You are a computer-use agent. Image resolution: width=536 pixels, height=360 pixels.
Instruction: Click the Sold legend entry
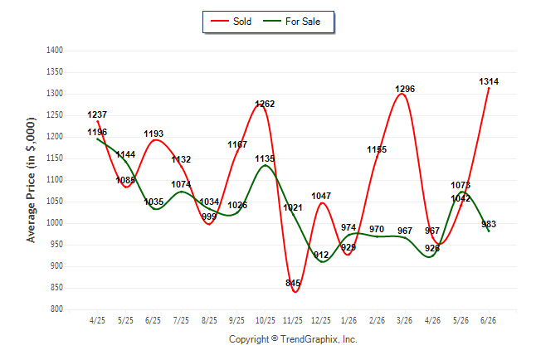point(231,22)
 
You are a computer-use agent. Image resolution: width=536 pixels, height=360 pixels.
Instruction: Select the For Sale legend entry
point(291,22)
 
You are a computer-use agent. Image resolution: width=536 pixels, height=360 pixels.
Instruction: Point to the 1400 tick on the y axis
point(55,51)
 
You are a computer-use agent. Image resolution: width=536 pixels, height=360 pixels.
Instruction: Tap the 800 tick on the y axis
point(56,309)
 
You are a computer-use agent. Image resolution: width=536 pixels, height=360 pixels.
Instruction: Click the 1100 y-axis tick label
point(55,180)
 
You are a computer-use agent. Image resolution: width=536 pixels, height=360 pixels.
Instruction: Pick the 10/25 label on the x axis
point(266,320)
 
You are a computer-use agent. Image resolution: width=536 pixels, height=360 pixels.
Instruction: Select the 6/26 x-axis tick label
point(488,320)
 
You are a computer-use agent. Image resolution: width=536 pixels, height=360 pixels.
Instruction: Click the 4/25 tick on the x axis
point(97,320)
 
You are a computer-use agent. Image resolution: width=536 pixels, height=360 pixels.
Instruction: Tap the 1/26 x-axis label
point(348,320)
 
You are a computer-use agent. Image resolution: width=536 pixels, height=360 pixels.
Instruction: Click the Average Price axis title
point(31,180)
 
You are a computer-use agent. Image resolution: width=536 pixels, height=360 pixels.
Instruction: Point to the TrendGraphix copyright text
point(293,339)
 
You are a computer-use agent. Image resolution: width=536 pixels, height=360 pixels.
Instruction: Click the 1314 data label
point(489,81)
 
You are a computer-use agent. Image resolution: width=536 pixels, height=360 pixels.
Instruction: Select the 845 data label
point(293,283)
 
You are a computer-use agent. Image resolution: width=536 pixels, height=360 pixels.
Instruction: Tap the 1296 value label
point(405,89)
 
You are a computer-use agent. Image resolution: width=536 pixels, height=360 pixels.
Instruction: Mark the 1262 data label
point(265,104)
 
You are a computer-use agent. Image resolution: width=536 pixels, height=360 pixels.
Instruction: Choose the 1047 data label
point(321,196)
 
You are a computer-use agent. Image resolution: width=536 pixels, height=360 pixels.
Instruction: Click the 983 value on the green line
point(489,224)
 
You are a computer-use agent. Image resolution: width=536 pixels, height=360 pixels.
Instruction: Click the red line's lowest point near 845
point(295,292)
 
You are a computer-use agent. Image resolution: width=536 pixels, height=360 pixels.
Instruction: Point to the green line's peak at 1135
point(266,165)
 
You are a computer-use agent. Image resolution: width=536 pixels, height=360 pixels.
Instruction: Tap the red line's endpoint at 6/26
point(489,88)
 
